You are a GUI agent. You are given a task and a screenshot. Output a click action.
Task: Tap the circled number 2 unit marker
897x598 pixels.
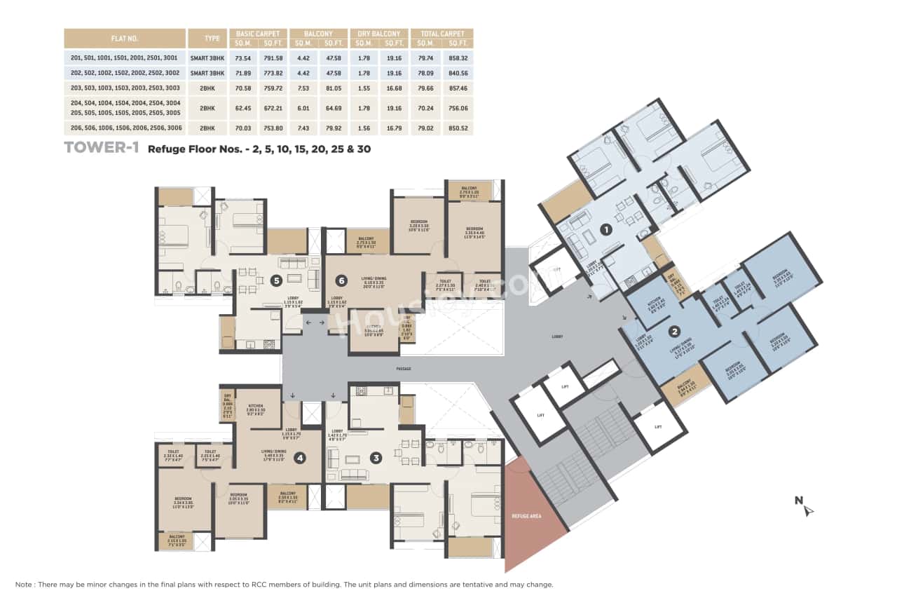674,332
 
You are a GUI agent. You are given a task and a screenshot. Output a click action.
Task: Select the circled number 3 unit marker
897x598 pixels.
376,458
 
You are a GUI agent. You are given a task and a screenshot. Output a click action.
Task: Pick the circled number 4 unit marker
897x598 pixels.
300,458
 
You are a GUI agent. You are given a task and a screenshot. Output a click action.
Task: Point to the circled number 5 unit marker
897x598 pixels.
277,280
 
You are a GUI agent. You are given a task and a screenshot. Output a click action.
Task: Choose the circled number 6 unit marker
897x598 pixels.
341,280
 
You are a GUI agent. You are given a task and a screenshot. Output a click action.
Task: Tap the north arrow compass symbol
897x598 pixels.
807,507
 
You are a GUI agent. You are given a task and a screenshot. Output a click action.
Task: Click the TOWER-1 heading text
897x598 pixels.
102,148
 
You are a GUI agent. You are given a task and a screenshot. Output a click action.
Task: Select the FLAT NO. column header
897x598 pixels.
125,38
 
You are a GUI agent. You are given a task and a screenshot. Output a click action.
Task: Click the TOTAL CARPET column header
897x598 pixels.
442,34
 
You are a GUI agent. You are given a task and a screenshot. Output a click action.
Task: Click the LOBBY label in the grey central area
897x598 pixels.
557,337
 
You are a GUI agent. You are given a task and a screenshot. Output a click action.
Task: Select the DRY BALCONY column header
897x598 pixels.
379,34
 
